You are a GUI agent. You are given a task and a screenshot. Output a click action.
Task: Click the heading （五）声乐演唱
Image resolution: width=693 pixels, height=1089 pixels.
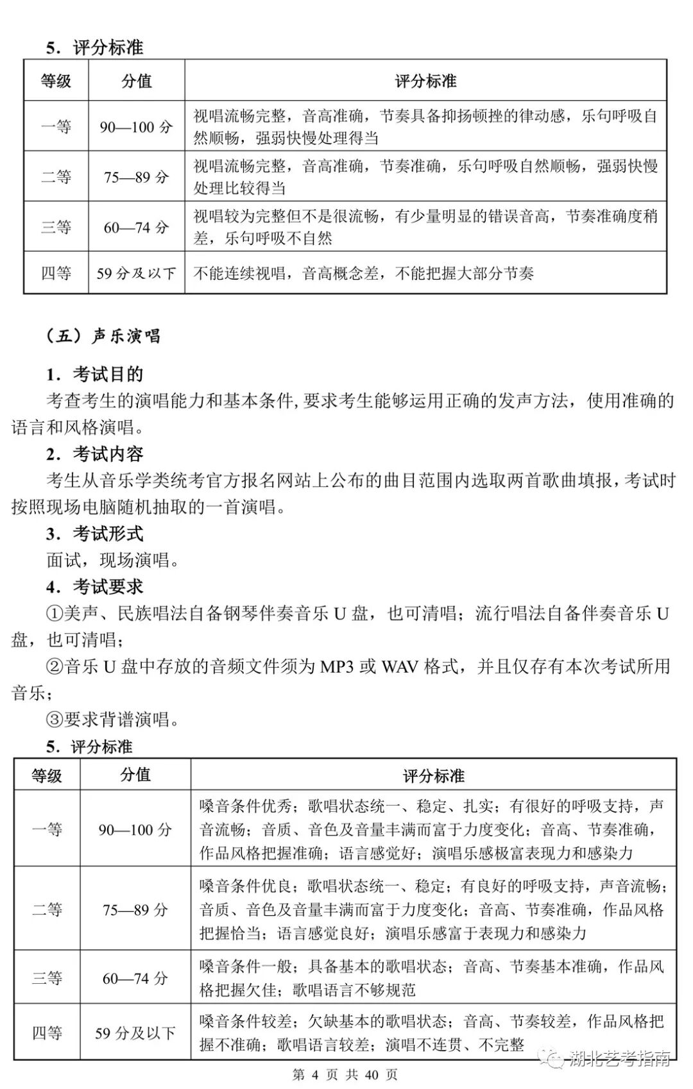(x=103, y=336)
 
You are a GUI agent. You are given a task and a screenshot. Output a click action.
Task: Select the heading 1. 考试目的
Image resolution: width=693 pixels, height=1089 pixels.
(x=94, y=374)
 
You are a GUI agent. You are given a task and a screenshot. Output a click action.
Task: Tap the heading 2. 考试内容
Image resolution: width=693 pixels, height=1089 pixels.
(x=94, y=454)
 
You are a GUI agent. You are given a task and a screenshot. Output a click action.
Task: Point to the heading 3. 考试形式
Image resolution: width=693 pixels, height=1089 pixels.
(x=94, y=534)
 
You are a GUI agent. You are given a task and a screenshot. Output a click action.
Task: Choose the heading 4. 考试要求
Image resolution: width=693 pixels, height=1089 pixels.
(x=94, y=586)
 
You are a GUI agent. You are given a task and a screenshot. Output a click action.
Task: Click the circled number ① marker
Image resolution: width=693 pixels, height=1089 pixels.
(x=55, y=614)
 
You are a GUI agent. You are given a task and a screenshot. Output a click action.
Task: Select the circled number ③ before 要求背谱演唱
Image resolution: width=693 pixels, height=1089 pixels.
(x=55, y=720)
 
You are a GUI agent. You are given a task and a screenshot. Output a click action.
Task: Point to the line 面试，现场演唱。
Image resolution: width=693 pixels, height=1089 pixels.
(x=114, y=560)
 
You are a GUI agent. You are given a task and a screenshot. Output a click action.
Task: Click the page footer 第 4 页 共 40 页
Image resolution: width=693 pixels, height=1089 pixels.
(x=345, y=1075)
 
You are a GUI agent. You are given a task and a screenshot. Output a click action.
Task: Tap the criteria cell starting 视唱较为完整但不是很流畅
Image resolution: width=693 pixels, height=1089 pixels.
(x=425, y=227)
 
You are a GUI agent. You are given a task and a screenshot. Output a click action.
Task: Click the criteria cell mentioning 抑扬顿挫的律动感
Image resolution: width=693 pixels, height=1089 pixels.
(x=425, y=126)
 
